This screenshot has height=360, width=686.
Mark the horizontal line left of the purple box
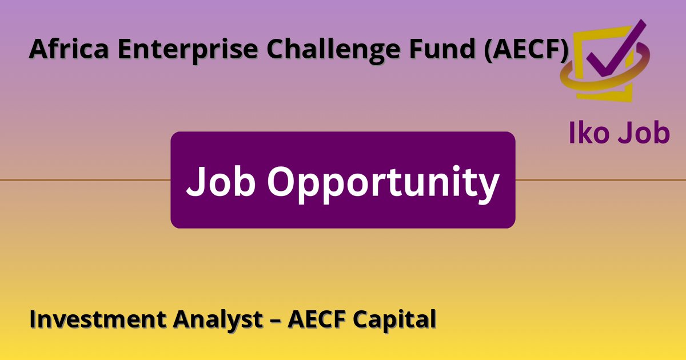[86, 180]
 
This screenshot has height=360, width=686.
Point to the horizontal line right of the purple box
[600, 180]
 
